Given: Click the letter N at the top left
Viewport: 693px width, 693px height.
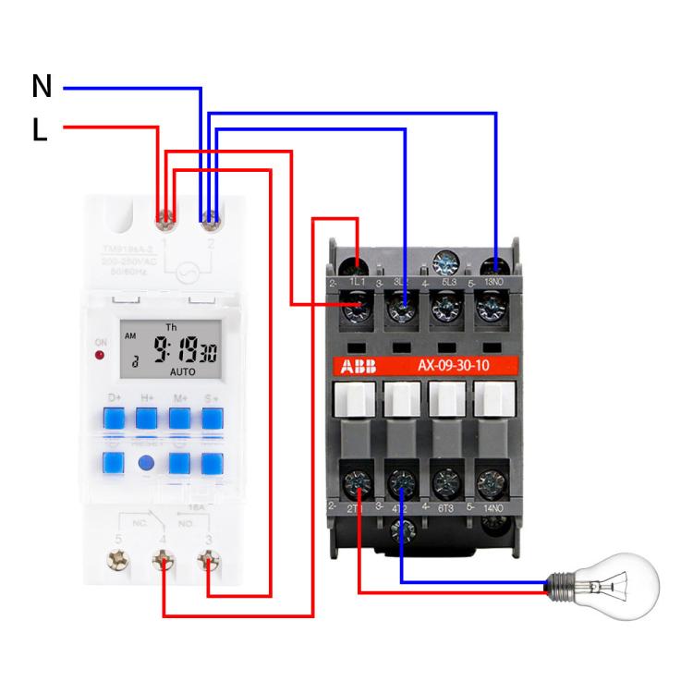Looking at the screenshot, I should click(42, 87).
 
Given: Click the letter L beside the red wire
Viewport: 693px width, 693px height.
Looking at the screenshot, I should click(39, 131).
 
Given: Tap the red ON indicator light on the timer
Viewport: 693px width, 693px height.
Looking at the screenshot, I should click(99, 353).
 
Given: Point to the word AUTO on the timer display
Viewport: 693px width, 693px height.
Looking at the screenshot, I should click(182, 371).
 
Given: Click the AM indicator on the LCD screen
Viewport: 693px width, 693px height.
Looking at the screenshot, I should click(129, 336).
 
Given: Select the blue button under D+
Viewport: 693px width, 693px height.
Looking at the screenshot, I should click(115, 419).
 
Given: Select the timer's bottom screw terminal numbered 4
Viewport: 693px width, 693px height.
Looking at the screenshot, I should click(164, 560).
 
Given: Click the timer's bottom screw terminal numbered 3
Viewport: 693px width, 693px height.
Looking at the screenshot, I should click(209, 560).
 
